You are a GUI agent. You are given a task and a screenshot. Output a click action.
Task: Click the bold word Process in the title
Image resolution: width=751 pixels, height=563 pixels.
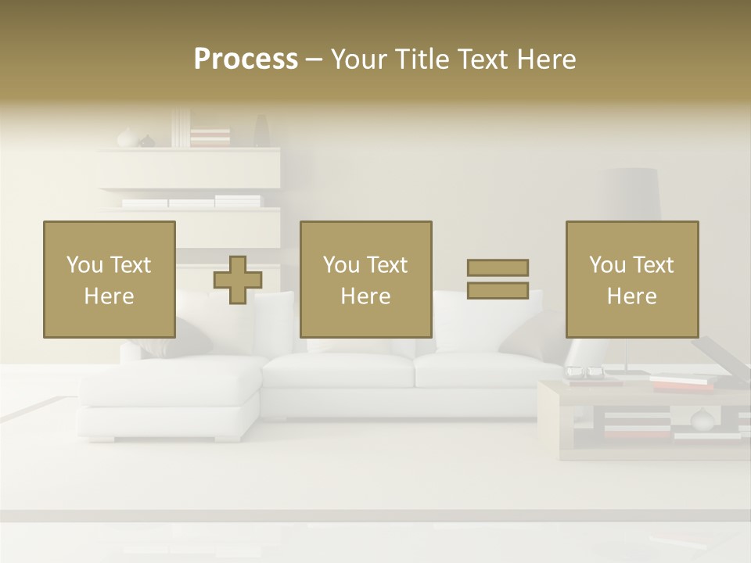(x=246, y=59)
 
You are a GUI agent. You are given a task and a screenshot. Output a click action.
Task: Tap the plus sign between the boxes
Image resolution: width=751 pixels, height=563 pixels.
(x=238, y=280)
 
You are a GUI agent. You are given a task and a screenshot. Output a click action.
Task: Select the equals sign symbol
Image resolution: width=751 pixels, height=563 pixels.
(x=498, y=279)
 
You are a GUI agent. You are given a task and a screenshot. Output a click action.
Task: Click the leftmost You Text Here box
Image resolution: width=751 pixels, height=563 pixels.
(x=110, y=279)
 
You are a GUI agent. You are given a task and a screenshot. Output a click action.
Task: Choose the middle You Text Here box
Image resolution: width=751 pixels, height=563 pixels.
(x=366, y=279)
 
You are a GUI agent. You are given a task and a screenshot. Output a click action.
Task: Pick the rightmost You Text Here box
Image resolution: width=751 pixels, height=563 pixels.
(x=632, y=279)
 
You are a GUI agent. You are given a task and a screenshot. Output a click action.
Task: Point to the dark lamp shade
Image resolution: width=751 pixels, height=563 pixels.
(x=632, y=194)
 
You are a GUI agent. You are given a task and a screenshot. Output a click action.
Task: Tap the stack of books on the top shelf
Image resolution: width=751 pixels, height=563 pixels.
(x=210, y=138)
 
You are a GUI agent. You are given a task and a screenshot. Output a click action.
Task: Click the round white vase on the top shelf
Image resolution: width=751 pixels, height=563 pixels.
(x=127, y=138)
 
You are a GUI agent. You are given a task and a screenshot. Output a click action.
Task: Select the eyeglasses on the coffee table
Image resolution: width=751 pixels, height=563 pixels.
(x=584, y=372)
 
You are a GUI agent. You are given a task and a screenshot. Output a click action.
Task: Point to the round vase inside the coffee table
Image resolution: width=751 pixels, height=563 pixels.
(x=702, y=421)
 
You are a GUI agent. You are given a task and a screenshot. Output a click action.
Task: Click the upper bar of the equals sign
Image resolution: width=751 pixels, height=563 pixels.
(x=498, y=267)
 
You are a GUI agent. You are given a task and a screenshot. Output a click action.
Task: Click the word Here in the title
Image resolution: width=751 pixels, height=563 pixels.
(x=547, y=59)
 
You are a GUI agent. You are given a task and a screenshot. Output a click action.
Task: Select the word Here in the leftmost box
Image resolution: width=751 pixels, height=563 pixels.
(x=109, y=296)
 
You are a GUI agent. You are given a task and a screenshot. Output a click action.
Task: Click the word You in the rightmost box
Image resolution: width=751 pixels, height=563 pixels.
(x=607, y=265)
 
